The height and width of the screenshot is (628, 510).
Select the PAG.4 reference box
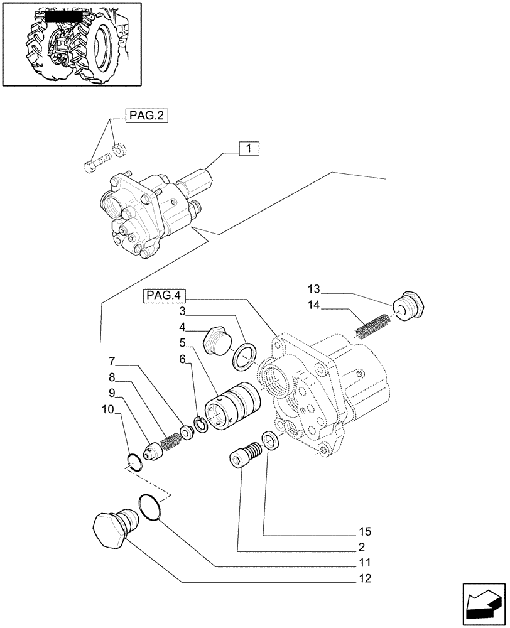pyautogui.click(x=161, y=295)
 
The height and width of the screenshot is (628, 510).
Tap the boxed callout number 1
pyautogui.click(x=249, y=149)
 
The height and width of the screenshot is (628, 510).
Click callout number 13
pyautogui.click(x=314, y=289)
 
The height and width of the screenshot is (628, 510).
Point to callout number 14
pyautogui.click(x=314, y=305)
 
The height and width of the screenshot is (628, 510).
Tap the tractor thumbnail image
pyautogui.click(x=70, y=43)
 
